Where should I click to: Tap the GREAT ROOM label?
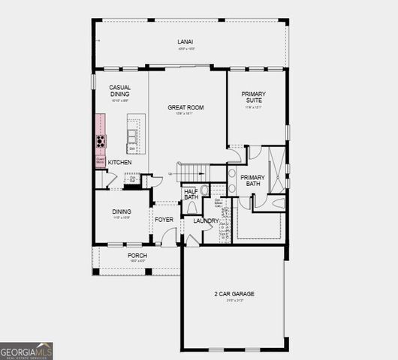pos(185,107)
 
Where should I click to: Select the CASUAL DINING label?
pos(120,91)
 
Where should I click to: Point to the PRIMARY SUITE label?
pos(254,97)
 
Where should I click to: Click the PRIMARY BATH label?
pos(250,180)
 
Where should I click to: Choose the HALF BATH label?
pos(191,194)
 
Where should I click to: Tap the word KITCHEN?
pos(120,162)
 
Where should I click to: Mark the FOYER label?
pos(164,220)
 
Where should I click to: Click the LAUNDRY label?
pos(205,220)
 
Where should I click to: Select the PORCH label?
pos(137,256)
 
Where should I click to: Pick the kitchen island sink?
pos(133,136)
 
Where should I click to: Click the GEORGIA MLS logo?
pos(27,350)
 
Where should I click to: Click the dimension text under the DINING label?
pos(122,218)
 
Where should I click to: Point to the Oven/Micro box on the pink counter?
pos(99,159)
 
